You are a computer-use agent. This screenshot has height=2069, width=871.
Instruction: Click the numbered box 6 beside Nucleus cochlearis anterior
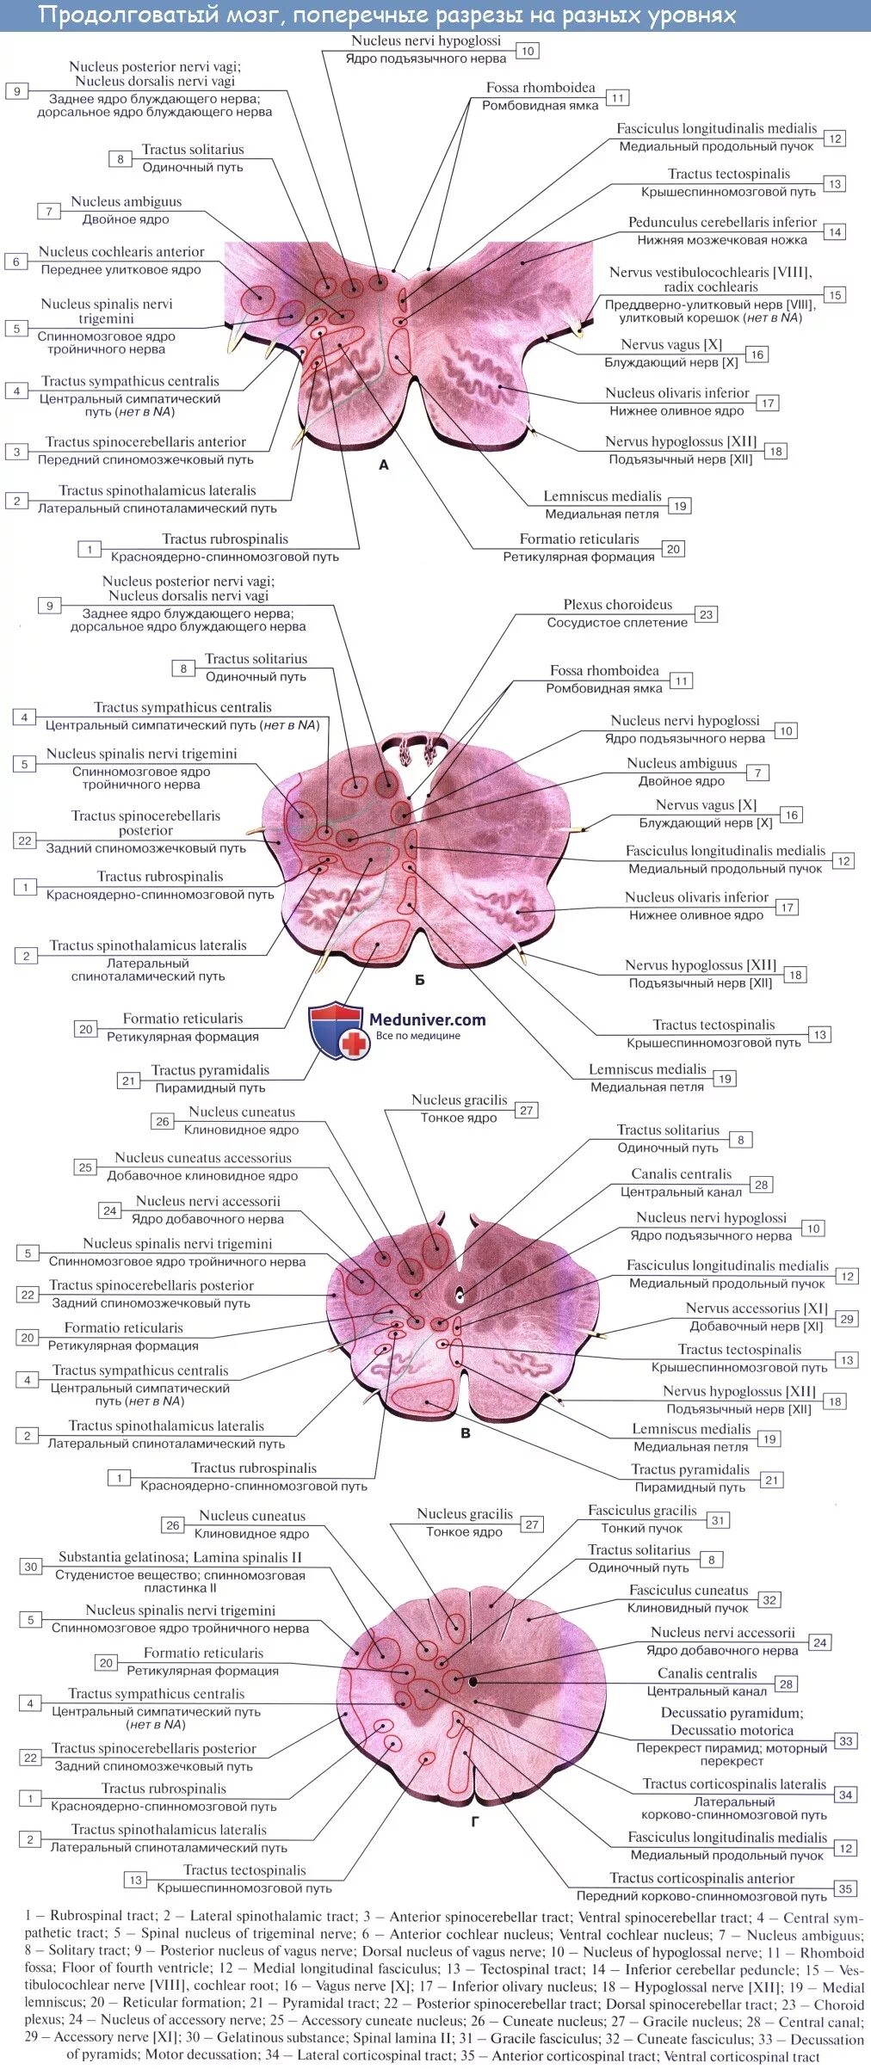(16, 262)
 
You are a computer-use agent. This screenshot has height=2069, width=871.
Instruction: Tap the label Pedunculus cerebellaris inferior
(721, 222)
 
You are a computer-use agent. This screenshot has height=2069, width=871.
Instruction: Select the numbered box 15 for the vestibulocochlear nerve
(835, 295)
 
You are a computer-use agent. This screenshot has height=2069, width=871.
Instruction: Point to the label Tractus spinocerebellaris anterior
(145, 442)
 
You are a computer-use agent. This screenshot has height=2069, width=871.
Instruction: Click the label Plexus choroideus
(617, 605)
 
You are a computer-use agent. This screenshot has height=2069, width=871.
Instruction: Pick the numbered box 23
(706, 614)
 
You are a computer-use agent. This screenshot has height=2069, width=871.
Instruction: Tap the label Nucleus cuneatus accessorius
(203, 1158)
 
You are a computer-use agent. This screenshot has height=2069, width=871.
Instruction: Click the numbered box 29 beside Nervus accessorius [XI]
(847, 1318)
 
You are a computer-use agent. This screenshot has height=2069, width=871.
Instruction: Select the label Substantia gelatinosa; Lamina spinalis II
(180, 1557)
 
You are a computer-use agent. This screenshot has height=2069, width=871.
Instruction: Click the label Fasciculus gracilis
(642, 1511)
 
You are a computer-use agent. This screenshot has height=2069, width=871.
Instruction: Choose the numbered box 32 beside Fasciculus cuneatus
(769, 1599)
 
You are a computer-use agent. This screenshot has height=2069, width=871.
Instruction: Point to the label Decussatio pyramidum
(732, 1713)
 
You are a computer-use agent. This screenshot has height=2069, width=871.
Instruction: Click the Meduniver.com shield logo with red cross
(337, 1030)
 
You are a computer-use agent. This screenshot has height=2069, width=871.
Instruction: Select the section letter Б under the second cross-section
(420, 980)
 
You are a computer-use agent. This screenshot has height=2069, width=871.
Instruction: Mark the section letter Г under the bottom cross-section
(474, 1822)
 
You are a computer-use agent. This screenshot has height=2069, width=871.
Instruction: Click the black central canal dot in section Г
(473, 1681)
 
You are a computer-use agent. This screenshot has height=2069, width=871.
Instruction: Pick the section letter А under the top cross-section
(384, 465)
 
